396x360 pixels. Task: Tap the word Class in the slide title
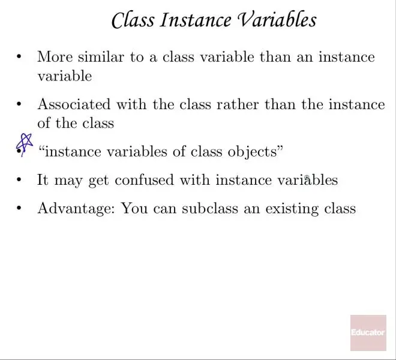pyautogui.click(x=133, y=20)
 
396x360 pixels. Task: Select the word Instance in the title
pyautogui.click(x=196, y=20)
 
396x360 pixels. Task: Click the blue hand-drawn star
pyautogui.click(x=24, y=145)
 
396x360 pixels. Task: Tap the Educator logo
pyautogui.click(x=368, y=333)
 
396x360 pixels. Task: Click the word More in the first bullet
pyautogui.click(x=55, y=56)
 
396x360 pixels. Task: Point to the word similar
pyautogui.click(x=101, y=56)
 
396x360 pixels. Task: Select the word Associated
pyautogui.click(x=74, y=104)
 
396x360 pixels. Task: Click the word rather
pyautogui.click(x=238, y=104)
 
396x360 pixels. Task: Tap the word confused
pyautogui.click(x=144, y=180)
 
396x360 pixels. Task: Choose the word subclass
pyautogui.click(x=210, y=208)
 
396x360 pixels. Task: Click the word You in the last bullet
pyautogui.click(x=134, y=208)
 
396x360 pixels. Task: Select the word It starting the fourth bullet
pyautogui.click(x=43, y=180)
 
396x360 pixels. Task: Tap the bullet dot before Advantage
pyautogui.click(x=19, y=208)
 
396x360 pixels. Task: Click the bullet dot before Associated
pyautogui.click(x=19, y=104)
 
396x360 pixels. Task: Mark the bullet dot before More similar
pyautogui.click(x=19, y=56)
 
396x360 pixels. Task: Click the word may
pyautogui.click(x=68, y=181)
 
